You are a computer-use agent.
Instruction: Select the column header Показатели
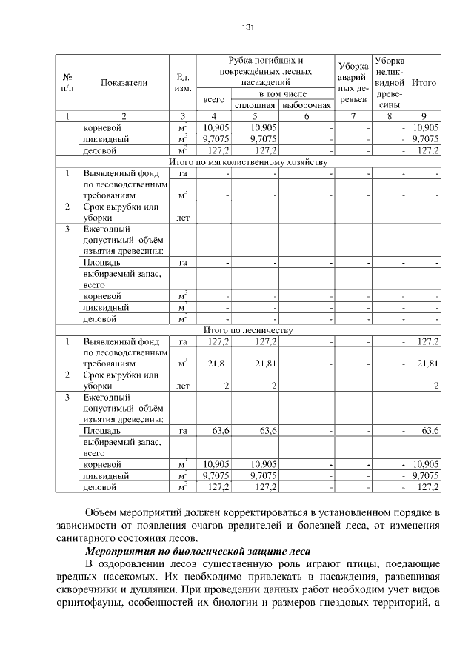click(x=124, y=83)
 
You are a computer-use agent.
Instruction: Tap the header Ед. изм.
click(x=182, y=83)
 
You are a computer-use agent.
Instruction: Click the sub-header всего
click(x=214, y=99)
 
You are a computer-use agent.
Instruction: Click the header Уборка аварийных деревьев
click(x=352, y=82)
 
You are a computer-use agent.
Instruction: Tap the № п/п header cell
click(x=67, y=83)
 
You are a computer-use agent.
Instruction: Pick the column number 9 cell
click(x=423, y=115)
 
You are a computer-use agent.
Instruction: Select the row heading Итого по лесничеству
click(x=248, y=329)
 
